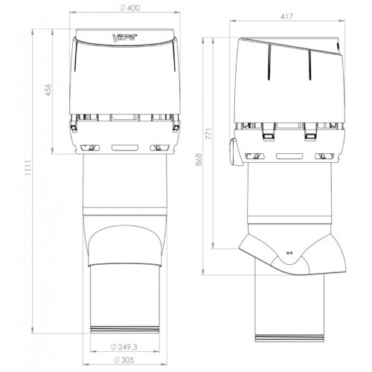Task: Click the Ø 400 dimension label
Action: tap(129, 8)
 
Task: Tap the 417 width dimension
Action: tap(286, 16)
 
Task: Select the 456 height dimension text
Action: tap(48, 90)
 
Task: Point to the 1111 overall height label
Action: tap(28, 168)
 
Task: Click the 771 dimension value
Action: tap(209, 134)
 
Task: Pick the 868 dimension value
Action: tap(199, 160)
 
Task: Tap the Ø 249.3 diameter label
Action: tap(124, 347)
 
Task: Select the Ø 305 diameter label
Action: tap(124, 360)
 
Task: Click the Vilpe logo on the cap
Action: tap(125, 38)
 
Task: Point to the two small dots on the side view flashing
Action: tap(289, 253)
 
